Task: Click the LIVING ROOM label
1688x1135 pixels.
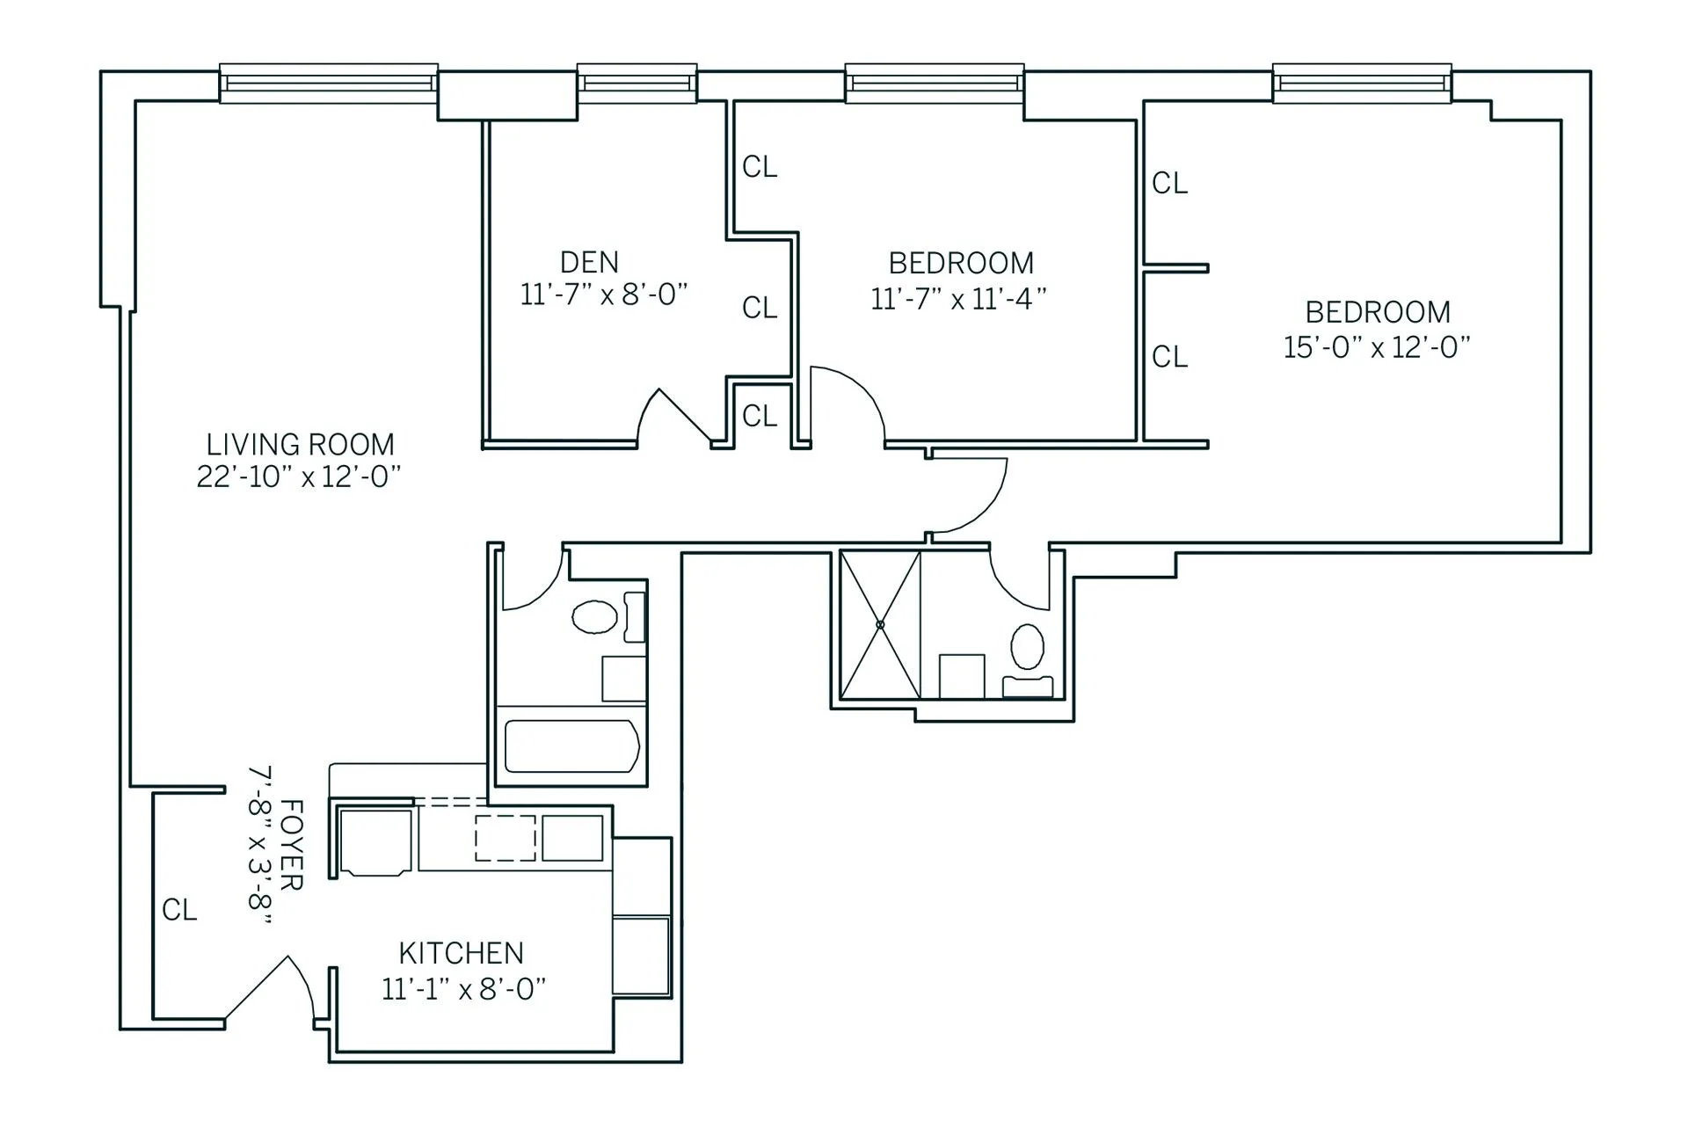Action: [300, 444]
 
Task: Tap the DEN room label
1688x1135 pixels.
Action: [589, 262]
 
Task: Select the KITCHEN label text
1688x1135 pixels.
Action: [461, 953]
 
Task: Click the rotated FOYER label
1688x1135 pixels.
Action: [290, 845]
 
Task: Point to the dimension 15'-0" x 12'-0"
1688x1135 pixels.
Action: [1377, 347]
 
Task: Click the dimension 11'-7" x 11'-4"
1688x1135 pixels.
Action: [958, 299]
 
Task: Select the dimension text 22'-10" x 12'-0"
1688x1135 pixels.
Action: [299, 477]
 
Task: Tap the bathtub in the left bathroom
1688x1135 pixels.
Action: [571, 746]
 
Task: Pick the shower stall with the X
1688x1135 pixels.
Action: [880, 624]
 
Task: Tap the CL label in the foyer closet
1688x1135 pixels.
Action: [179, 910]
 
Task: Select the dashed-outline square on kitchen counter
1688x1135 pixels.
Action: [506, 838]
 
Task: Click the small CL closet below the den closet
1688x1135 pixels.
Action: [760, 416]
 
